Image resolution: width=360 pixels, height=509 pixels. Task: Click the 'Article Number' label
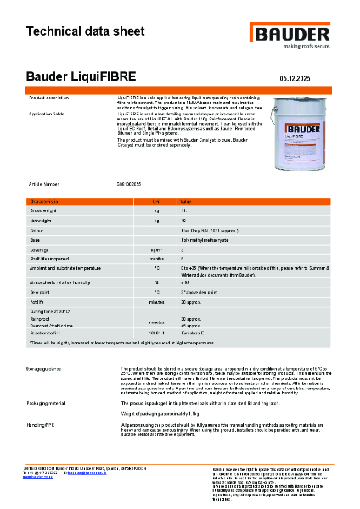click(x=44, y=182)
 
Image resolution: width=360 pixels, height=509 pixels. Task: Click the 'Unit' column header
click(x=156, y=201)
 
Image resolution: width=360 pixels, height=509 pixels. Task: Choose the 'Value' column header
click(x=186, y=201)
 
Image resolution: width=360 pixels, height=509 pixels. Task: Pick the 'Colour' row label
click(x=37, y=230)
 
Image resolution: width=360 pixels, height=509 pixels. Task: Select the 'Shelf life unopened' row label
click(x=50, y=260)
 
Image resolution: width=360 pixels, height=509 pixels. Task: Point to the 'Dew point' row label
click(x=39, y=290)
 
